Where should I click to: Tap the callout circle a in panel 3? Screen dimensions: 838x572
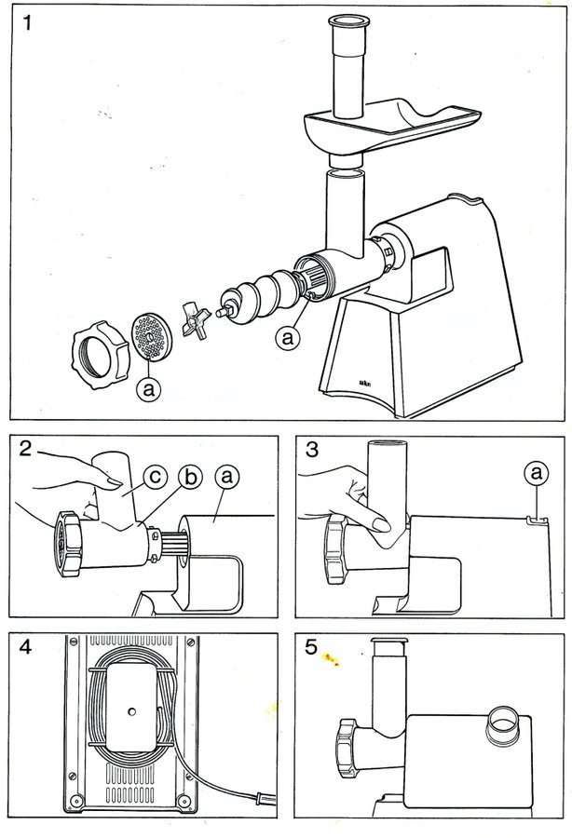(535, 475)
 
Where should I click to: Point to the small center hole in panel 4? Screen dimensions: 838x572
(131, 712)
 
